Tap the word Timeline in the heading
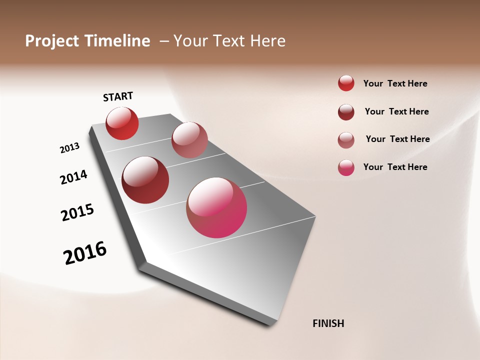click(118, 41)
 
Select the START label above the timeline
click(118, 96)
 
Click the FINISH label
click(328, 323)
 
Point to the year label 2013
click(69, 148)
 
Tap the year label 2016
click(85, 253)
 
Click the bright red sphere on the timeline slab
click(122, 123)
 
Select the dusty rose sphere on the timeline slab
click(189, 140)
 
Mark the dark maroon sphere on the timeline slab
click(145, 180)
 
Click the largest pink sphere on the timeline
click(216, 207)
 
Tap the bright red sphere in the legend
click(346, 83)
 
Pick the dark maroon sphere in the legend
click(346, 112)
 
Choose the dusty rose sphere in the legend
click(346, 140)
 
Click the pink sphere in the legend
click(346, 167)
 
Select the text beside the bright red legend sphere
click(395, 83)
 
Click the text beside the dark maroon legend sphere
click(397, 111)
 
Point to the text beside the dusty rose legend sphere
click(398, 139)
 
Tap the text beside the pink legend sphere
click(395, 167)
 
